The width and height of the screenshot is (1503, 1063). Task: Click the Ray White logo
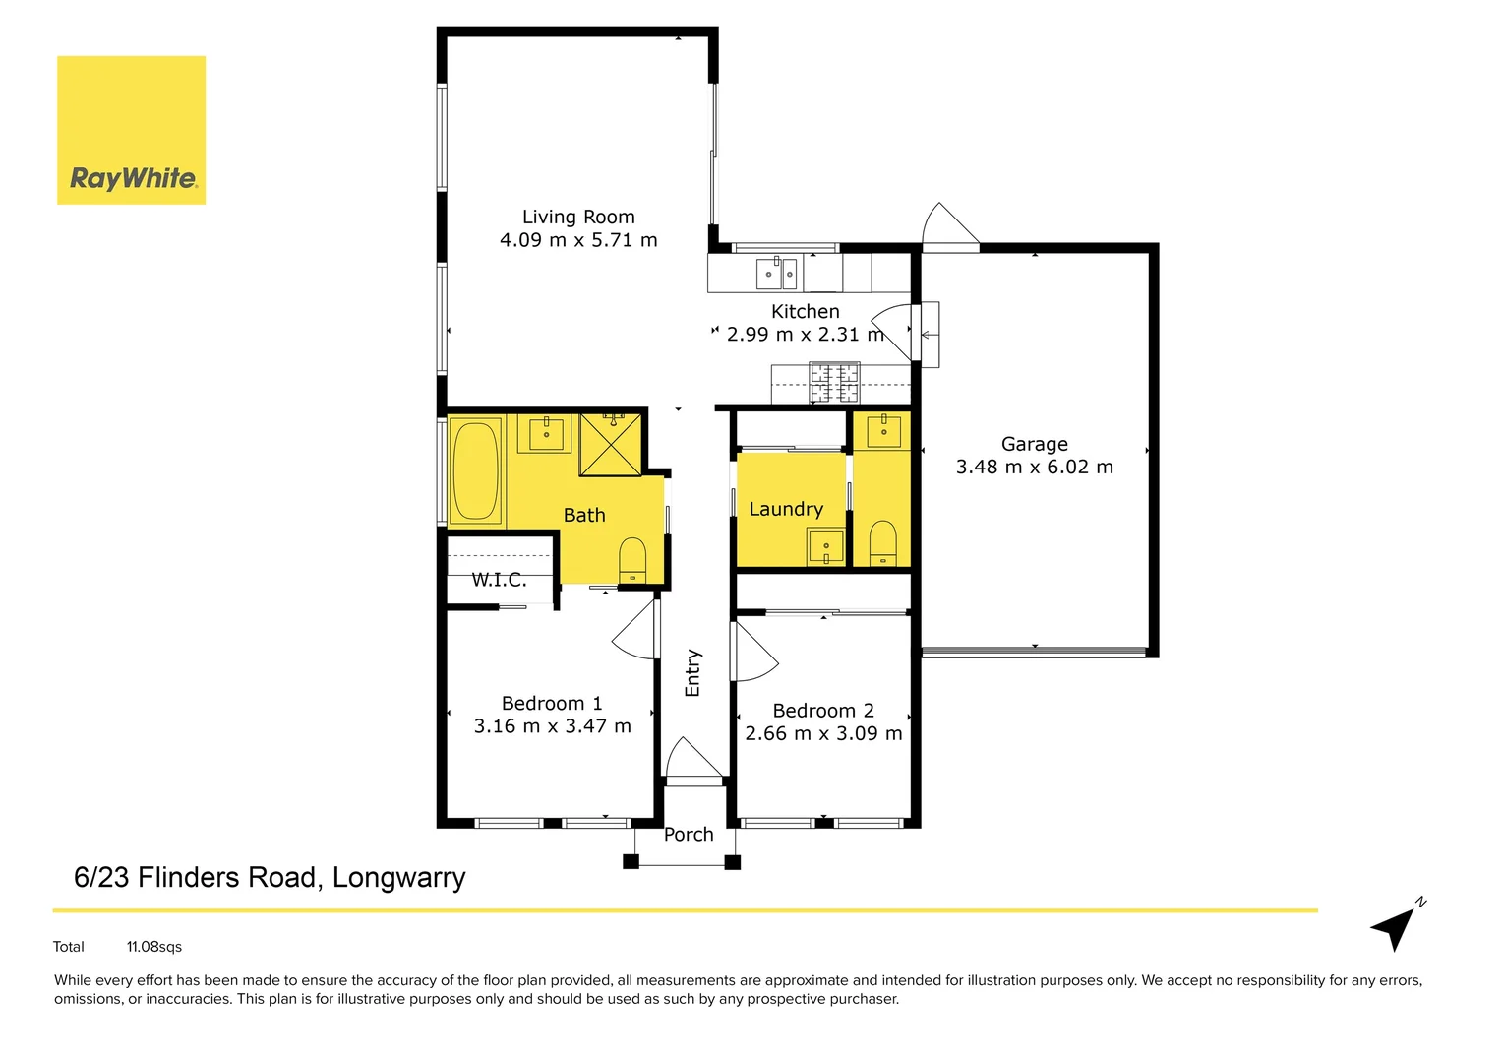point(132,130)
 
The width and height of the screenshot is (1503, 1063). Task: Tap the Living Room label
point(578,217)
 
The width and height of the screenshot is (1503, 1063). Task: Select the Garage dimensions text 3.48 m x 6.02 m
point(1034,468)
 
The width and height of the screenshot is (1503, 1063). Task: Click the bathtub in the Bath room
point(476,471)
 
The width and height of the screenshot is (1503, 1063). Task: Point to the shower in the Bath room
point(610,445)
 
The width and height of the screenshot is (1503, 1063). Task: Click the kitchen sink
point(776,274)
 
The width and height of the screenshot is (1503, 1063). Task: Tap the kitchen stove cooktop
point(833,383)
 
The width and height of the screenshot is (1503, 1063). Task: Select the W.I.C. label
point(499,580)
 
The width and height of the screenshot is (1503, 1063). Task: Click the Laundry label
point(786,509)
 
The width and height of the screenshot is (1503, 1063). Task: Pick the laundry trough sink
point(825,545)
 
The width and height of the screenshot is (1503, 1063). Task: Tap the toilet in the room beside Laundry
point(883,543)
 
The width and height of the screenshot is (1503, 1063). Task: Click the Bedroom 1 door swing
point(636,632)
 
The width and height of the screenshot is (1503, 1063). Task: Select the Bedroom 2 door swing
point(752,653)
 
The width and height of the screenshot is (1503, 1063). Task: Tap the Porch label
point(689,835)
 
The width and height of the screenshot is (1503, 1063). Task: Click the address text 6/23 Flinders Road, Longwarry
point(270,877)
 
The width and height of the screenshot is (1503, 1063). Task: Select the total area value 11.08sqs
point(154,947)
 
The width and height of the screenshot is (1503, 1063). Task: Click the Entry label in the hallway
point(692,673)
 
